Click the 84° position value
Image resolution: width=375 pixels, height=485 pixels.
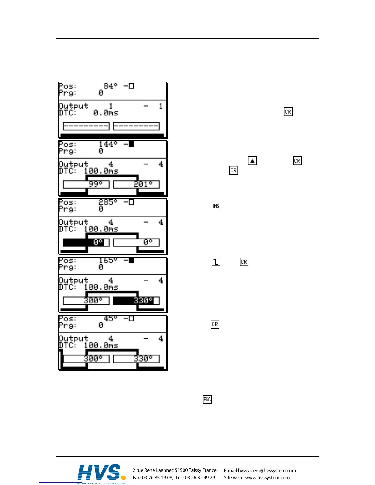tap(110, 86)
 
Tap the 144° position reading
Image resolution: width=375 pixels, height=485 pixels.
tap(108, 145)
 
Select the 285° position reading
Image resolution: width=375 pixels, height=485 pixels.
tap(108, 202)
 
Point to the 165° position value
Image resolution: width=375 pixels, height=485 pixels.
tap(108, 261)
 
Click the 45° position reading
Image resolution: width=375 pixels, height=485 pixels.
tap(110, 319)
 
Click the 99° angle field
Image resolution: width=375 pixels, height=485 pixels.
tap(86, 185)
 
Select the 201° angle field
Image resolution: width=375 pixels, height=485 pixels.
tap(136, 185)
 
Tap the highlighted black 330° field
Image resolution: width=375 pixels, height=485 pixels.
tap(136, 301)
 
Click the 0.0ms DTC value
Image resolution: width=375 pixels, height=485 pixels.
tap(106, 113)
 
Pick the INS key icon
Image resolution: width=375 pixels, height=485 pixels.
tap(216, 206)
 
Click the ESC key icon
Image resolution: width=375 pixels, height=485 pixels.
tap(207, 400)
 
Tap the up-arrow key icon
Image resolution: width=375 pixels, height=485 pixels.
tap(252, 161)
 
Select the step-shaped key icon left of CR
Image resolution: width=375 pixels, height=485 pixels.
tap(216, 262)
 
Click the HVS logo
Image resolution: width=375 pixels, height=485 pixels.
tap(101, 473)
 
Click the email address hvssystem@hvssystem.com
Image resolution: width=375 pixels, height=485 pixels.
tap(267, 471)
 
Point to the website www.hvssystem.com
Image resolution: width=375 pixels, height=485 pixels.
tap(267, 478)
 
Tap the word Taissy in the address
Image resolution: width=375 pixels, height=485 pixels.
tap(195, 470)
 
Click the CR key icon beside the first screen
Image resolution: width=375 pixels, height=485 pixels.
tap(288, 112)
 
